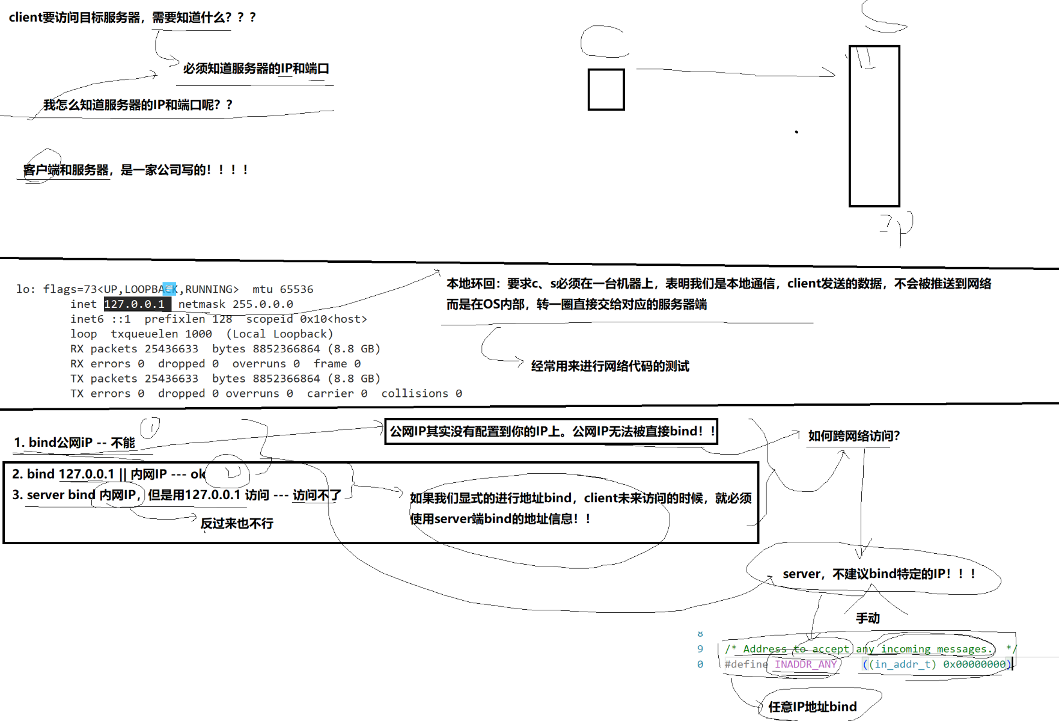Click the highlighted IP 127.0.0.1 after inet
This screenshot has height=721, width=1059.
(x=135, y=304)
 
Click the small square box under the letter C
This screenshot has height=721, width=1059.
(x=606, y=90)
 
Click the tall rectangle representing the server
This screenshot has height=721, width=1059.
(x=874, y=126)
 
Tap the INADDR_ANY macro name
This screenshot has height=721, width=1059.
(x=805, y=664)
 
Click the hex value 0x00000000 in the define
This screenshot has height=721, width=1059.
(x=974, y=664)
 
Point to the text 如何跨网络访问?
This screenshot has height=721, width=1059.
(x=853, y=436)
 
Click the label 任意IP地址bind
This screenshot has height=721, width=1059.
(x=813, y=707)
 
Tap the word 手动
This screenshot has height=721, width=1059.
(x=867, y=618)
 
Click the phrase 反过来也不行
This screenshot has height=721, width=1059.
(x=237, y=523)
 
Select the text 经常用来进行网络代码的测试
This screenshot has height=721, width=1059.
(x=610, y=366)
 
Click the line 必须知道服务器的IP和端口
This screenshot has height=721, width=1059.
(x=256, y=69)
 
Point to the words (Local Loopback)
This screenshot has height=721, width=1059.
(x=279, y=334)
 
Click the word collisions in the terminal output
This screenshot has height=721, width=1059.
(x=415, y=393)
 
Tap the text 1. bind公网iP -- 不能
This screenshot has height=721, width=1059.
(x=75, y=443)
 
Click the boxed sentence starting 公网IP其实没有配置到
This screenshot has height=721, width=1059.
(x=551, y=431)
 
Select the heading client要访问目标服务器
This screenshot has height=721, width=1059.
(x=132, y=17)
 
